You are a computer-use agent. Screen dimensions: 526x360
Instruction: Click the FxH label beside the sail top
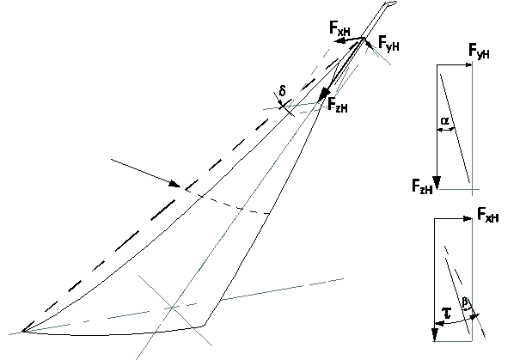coord(339,28)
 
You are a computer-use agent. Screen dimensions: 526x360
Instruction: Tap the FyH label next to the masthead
coord(388,43)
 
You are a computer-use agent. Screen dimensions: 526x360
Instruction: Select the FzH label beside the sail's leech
coord(338,105)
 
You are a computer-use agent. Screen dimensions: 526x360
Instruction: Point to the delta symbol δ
coord(283,91)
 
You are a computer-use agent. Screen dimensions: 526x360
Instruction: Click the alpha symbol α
coord(444,120)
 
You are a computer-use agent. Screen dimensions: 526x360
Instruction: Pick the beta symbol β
coord(465,302)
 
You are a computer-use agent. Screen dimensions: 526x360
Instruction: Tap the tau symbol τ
coord(447,313)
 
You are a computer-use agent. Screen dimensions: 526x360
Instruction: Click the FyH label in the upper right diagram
coord(479,52)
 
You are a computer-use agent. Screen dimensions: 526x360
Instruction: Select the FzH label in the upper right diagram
coord(422,186)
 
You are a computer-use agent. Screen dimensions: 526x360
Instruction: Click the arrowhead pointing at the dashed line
coord(174,184)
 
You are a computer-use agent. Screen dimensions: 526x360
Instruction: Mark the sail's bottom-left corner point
coord(23,331)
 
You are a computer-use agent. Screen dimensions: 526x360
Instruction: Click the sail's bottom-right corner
coord(204,325)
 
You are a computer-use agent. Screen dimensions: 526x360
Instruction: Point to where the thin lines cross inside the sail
coord(172,307)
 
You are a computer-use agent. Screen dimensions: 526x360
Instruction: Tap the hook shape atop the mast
coord(391,4)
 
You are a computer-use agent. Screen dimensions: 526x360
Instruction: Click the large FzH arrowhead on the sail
coord(324,94)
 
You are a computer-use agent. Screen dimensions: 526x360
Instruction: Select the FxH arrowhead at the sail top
coord(339,41)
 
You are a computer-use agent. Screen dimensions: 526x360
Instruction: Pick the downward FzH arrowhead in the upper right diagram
coord(437,183)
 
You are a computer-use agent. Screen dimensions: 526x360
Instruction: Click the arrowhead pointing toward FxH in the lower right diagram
coord(468,219)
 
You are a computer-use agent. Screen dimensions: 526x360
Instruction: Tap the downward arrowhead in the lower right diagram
coord(435,335)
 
